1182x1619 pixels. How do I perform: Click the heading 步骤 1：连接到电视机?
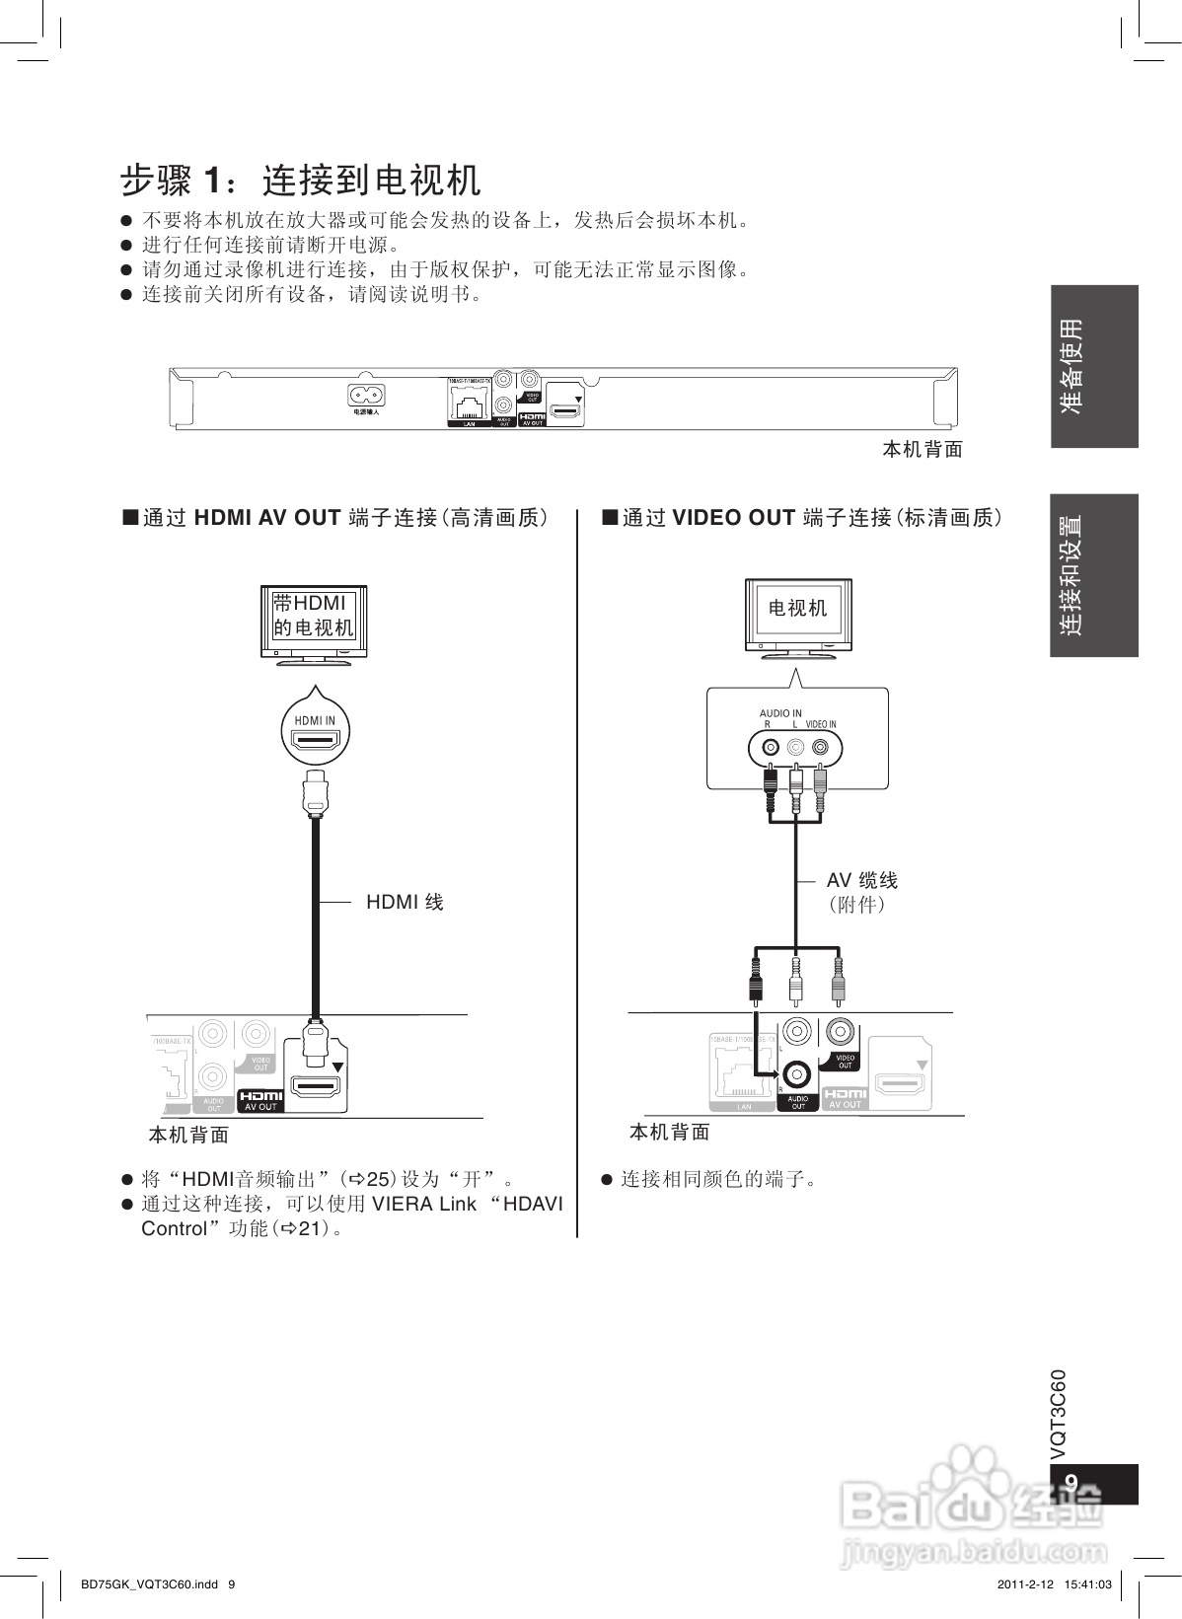pyautogui.click(x=301, y=181)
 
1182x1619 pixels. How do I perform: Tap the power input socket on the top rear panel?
pyautogui.click(x=365, y=396)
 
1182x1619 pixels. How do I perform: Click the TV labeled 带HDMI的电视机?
pyautogui.click(x=314, y=619)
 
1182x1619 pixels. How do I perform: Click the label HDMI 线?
pyautogui.click(x=405, y=902)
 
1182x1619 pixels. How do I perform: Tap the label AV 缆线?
pyautogui.click(x=862, y=881)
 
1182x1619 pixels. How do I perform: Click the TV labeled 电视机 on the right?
pyautogui.click(x=798, y=613)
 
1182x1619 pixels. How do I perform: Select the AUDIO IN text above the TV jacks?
pyautogui.click(x=780, y=713)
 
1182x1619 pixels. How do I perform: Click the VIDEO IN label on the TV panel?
pyautogui.click(x=820, y=725)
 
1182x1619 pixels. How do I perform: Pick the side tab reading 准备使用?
pyautogui.click(x=1094, y=366)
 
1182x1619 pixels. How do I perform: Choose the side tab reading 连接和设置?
pyautogui.click(x=1094, y=575)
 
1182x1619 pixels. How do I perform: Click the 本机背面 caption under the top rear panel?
pyautogui.click(x=922, y=450)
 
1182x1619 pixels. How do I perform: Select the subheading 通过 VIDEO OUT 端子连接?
pyautogui.click(x=803, y=518)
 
